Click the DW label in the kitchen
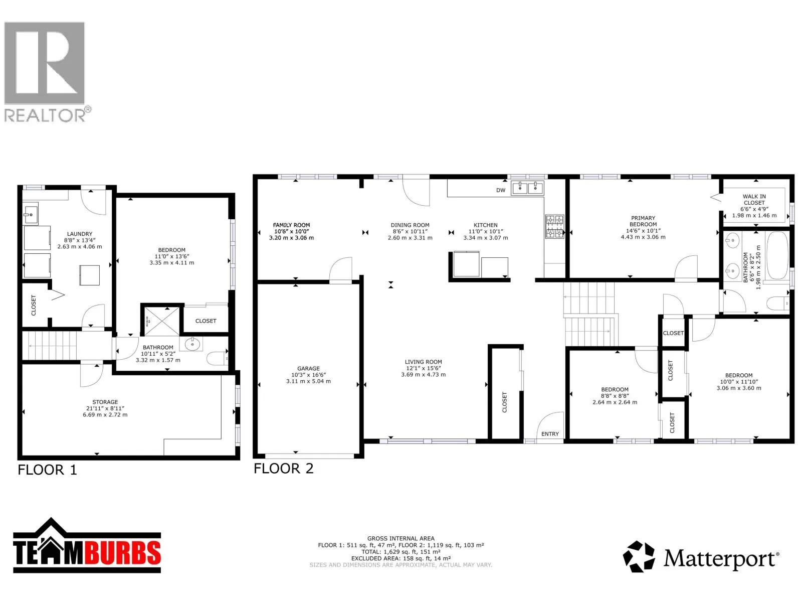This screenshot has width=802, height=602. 501,190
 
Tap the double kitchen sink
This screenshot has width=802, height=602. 528,188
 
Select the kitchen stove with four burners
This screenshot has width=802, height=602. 555,227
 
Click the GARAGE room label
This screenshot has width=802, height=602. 308,368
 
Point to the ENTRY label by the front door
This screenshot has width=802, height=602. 550,434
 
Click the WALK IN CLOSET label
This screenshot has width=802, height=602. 754,200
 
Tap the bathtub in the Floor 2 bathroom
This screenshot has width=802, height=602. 777,256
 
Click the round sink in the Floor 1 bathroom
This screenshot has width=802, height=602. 192,344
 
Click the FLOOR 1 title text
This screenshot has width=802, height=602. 48,470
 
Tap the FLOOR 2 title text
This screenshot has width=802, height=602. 284,469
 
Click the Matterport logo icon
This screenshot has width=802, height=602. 638,557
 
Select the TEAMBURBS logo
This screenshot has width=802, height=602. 87,545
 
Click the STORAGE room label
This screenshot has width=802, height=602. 105,402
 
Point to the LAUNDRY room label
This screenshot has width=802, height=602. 80,234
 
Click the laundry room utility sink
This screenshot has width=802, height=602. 31,214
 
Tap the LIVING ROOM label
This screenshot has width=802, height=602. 423,362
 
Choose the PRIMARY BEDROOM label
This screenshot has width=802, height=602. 643,221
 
